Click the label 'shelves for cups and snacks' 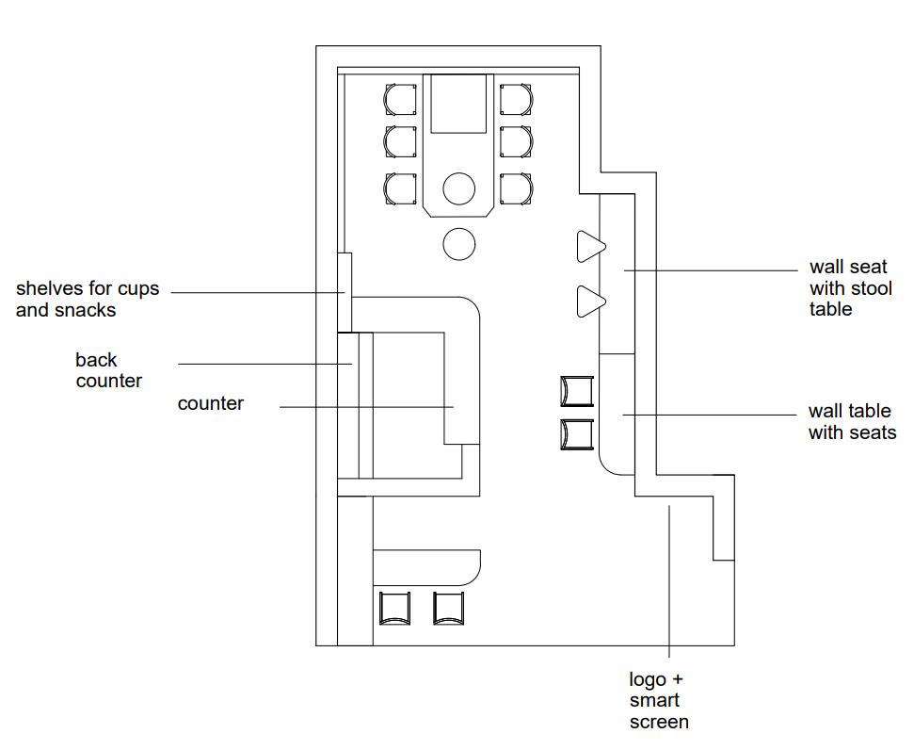point(88,300)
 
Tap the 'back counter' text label point(108,370)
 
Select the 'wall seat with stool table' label point(850,287)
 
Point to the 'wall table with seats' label point(850,422)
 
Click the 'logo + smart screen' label point(658,701)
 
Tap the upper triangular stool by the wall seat point(589,247)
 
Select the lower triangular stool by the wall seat point(589,302)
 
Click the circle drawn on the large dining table point(459,188)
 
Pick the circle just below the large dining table point(459,244)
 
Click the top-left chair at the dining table point(400,98)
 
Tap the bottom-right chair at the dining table point(517,188)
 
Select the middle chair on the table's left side point(400,142)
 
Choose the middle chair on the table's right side point(517,142)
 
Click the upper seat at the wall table point(577,391)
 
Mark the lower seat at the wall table point(577,434)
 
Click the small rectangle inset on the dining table point(459,104)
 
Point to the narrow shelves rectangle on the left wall point(345,292)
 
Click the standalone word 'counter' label point(211,403)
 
